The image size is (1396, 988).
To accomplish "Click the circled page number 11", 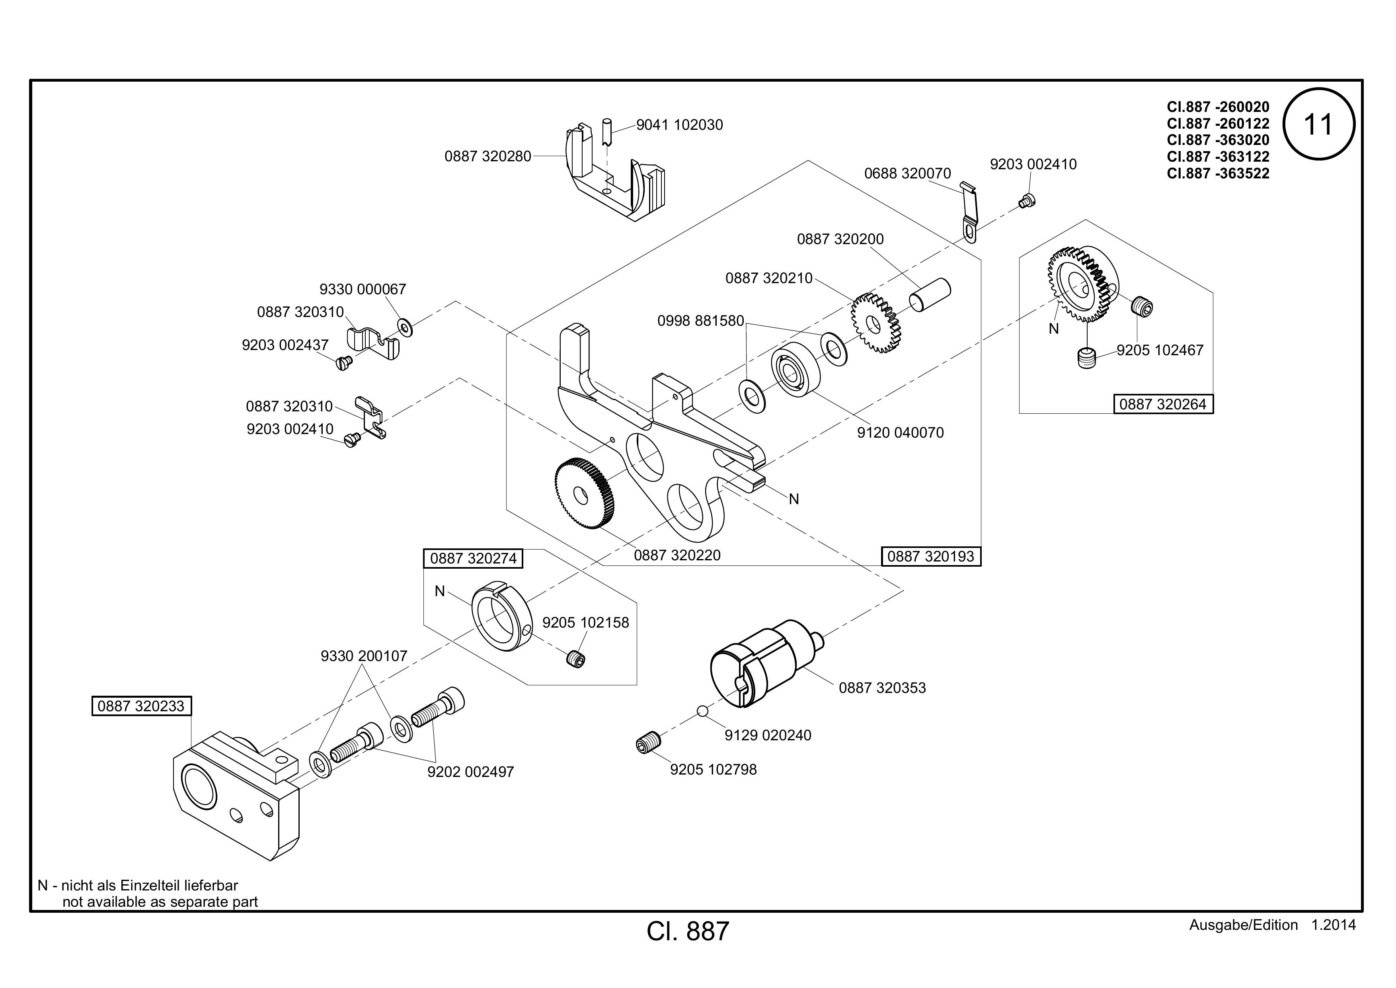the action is [1319, 124].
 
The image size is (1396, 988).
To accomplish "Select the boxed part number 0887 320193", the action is [931, 556].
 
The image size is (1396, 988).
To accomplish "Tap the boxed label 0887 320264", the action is [1163, 404].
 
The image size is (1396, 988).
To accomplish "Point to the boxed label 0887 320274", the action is [474, 558].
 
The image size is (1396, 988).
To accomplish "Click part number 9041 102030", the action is [680, 125].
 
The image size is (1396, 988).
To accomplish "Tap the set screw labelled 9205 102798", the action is [648, 744].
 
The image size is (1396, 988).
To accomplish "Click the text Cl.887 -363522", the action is [1218, 173].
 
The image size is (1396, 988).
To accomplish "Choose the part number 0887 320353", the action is [882, 688].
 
